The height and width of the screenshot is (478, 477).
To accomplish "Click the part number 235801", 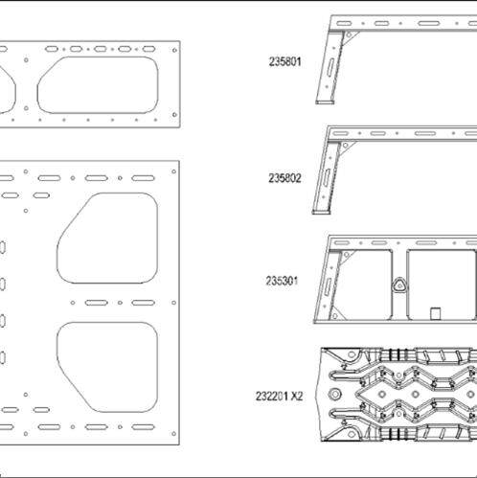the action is point(284,61).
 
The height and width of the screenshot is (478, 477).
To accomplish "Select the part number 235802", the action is point(284,178).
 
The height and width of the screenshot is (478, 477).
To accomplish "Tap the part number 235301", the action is point(282,281).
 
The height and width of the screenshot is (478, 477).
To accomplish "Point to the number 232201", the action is point(271,397).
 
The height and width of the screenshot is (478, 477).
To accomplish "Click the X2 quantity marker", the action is point(296,397).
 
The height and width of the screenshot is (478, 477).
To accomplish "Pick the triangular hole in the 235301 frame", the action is point(398,285).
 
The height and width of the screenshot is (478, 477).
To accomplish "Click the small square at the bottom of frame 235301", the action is point(436,313).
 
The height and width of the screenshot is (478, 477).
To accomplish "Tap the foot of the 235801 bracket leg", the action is point(325,102).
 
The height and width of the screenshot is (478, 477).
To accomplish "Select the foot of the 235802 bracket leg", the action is point(321,212).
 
